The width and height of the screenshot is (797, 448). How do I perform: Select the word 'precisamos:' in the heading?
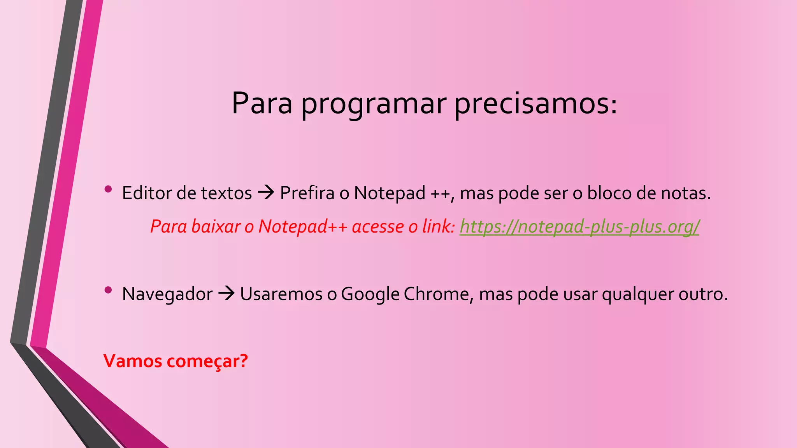tap(536, 104)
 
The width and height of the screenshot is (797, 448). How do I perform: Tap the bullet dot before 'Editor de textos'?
tap(108, 189)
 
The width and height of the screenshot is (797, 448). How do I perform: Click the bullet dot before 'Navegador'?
tap(108, 290)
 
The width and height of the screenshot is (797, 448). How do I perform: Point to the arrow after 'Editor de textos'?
tap(266, 192)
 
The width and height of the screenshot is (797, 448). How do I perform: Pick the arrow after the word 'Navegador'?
tap(226, 293)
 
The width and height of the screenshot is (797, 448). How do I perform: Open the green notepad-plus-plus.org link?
tap(579, 226)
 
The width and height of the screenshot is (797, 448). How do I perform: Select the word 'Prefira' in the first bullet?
tap(307, 193)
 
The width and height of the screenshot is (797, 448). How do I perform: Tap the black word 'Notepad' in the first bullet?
tap(390, 193)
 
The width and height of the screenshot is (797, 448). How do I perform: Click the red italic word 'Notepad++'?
tap(302, 226)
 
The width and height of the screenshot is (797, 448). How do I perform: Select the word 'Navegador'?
tap(167, 294)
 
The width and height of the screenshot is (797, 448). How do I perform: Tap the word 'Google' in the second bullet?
tap(370, 294)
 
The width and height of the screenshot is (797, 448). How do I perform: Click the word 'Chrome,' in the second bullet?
tap(439, 294)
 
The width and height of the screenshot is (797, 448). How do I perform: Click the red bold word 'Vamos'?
tap(133, 361)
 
